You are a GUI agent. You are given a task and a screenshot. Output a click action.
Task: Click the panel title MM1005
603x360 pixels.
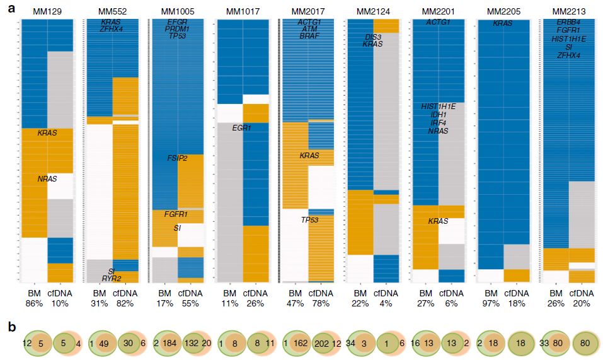point(177,12)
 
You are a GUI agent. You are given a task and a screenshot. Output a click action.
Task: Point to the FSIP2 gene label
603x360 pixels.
point(177,158)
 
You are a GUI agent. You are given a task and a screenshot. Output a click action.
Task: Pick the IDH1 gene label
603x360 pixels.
point(438,115)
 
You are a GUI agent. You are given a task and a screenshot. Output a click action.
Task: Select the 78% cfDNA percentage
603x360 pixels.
point(320,303)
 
